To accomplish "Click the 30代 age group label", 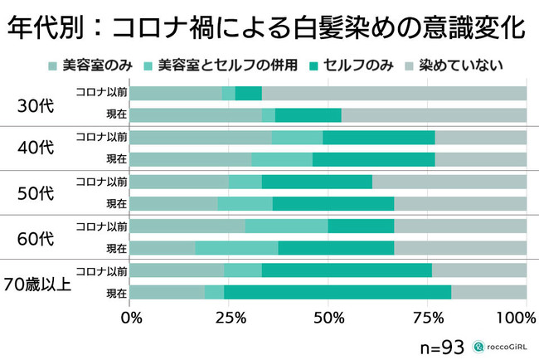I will (x=36, y=105).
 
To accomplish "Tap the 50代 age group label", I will (x=36, y=193).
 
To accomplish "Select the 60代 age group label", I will (x=36, y=237).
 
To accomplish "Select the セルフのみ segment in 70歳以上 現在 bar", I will (x=337, y=292).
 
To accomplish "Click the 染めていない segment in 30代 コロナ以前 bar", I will (x=394, y=93).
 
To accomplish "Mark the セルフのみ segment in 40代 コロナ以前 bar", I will (x=379, y=137).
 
